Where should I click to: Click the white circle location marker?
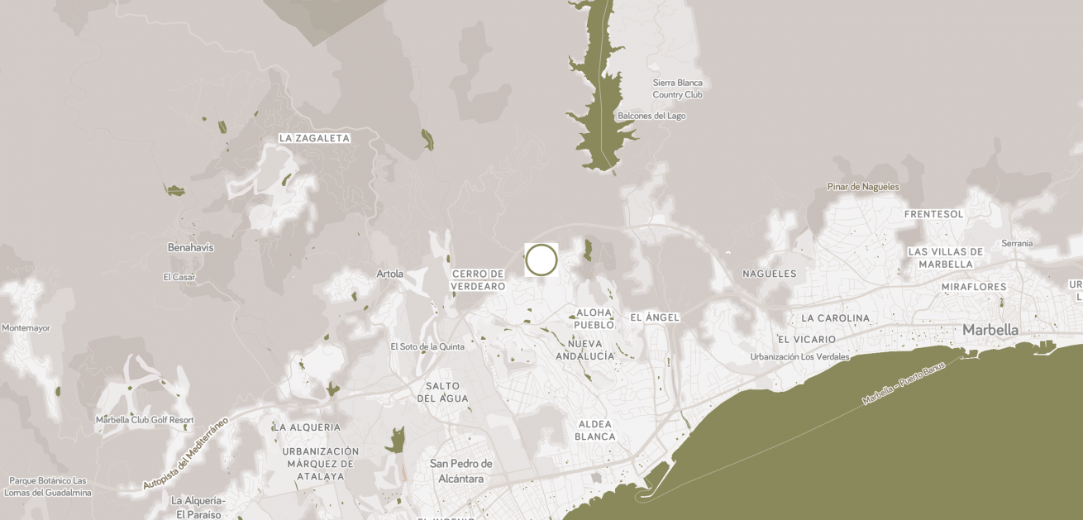coord(541,260)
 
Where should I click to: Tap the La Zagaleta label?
coord(314,138)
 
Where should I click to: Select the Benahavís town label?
coord(190,247)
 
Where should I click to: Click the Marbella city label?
coord(990,330)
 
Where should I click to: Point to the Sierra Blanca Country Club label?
coord(677,88)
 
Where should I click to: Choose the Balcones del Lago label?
coord(651,116)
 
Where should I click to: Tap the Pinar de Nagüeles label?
coord(863,187)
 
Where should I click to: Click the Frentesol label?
coord(934,214)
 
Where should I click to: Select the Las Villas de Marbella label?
coord(945,258)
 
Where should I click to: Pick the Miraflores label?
coord(974,287)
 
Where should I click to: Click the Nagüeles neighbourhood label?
coord(769,274)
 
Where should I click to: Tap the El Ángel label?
coord(655,317)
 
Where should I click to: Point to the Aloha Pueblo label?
coord(594,318)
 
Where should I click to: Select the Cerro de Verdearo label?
coord(478,279)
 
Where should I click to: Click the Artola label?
coord(390,274)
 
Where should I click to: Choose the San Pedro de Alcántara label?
coord(460,471)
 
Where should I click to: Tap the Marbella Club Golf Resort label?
coord(145,420)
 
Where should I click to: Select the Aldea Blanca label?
coord(595,430)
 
